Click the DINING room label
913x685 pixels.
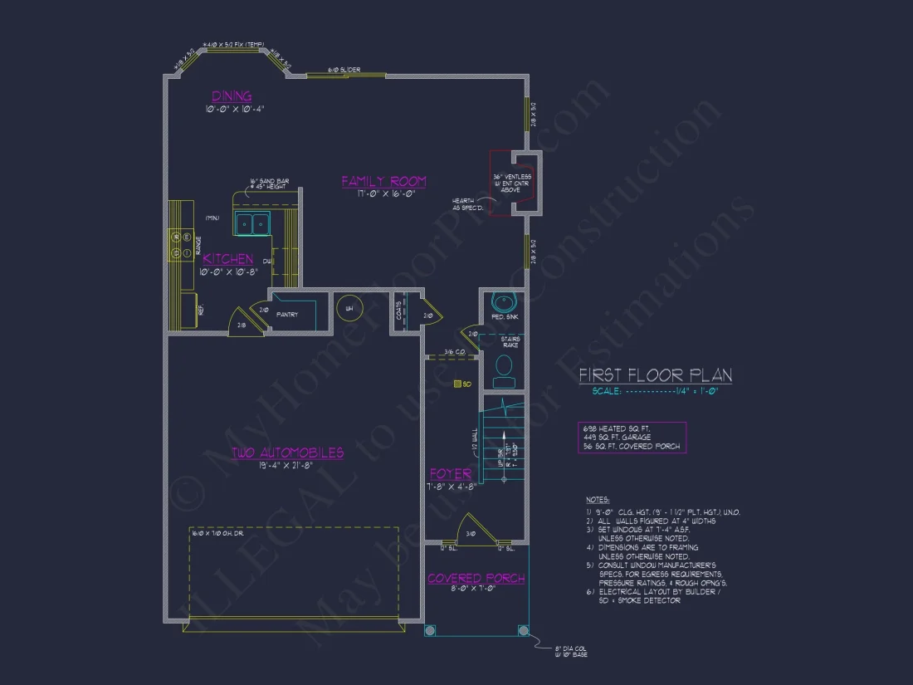click(232, 96)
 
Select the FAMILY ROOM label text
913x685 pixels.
click(383, 181)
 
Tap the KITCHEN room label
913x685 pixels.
click(228, 259)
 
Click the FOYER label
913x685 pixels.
click(451, 473)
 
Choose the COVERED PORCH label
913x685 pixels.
click(476, 578)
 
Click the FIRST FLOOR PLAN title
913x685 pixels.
click(655, 375)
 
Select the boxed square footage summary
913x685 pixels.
click(632, 437)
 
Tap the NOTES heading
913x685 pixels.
click(597, 500)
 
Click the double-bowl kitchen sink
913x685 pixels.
click(252, 223)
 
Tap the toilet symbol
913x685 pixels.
click(503, 368)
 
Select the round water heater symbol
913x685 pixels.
click(349, 309)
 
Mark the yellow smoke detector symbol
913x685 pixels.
click(457, 384)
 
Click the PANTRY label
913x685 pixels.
click(287, 315)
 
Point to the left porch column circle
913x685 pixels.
click(430, 630)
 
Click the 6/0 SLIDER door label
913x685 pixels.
click(344, 70)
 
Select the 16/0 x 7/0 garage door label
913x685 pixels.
click(216, 534)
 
